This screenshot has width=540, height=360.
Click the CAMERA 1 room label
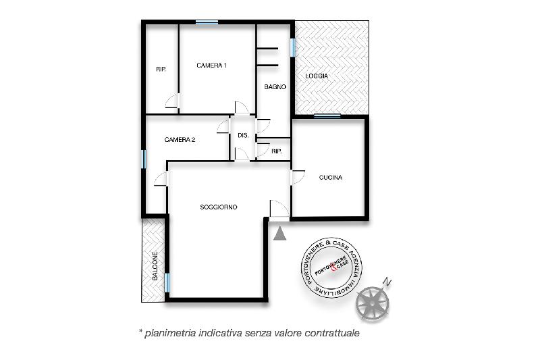click(x=211, y=66)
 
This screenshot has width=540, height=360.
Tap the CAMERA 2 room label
click(x=180, y=140)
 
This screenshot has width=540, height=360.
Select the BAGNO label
click(x=275, y=87)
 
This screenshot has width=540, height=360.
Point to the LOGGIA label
click(x=317, y=76)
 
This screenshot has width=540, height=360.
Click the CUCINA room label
click(x=331, y=178)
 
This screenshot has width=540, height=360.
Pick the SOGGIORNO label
click(x=219, y=207)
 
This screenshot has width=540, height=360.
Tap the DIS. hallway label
click(x=243, y=135)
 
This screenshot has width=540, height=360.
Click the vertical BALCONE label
click(x=155, y=265)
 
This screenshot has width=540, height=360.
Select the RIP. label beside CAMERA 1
click(x=161, y=70)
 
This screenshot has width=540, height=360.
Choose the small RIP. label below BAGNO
click(x=277, y=151)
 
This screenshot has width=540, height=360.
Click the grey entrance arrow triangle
click(x=280, y=234)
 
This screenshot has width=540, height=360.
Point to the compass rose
click(x=373, y=304)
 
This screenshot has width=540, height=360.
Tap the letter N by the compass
click(x=387, y=282)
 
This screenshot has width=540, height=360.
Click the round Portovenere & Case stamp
click(x=331, y=267)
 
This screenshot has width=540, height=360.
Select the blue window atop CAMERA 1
click(x=207, y=22)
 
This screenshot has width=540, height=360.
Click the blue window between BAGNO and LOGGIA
click(x=293, y=47)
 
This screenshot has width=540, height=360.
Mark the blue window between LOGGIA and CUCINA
click(x=327, y=116)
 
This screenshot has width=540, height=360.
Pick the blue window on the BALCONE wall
click(x=167, y=282)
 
